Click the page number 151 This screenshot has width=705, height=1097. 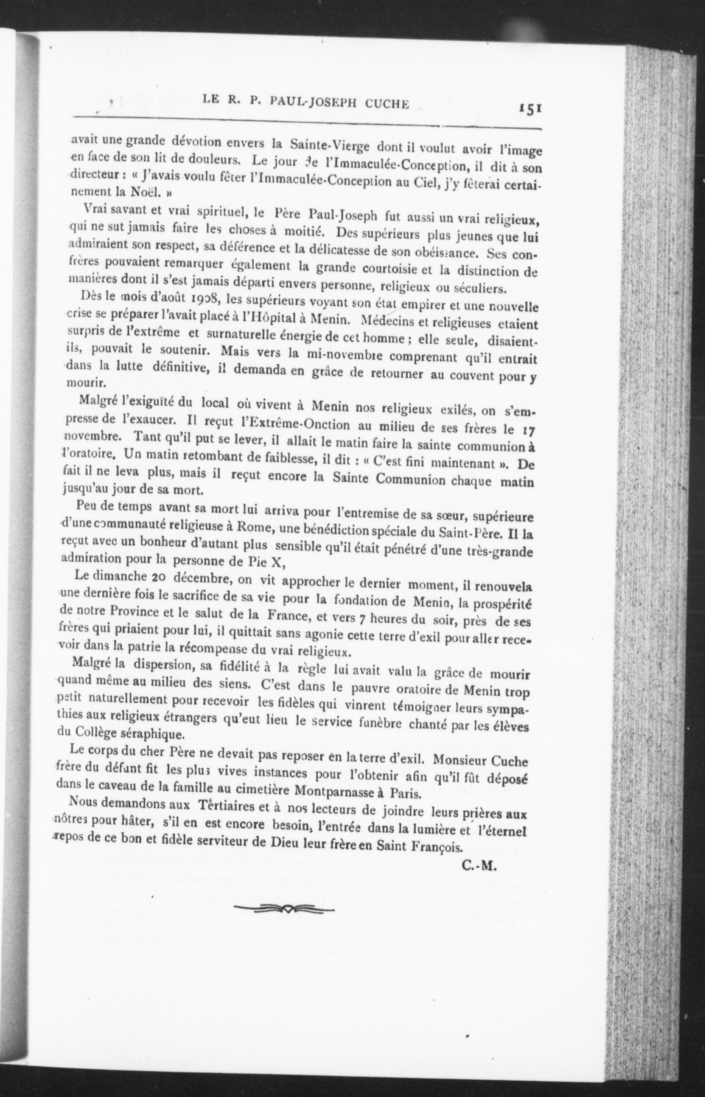click(530, 110)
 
